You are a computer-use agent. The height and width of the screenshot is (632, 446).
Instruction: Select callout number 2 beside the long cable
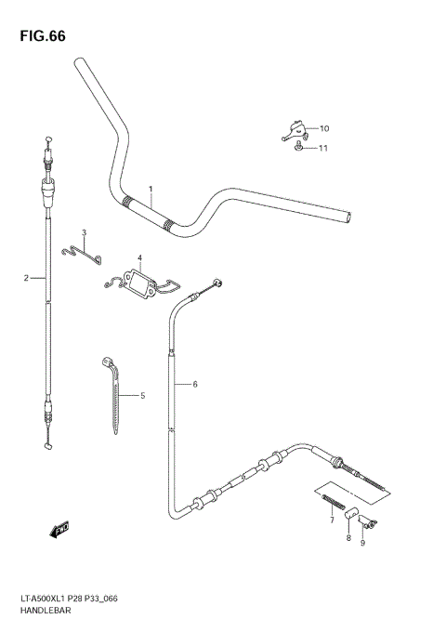26,277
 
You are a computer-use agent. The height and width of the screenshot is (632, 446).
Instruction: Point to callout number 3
84,233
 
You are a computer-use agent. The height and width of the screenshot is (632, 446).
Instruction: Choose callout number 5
143,396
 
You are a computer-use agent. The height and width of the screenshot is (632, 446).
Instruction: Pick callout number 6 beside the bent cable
195,384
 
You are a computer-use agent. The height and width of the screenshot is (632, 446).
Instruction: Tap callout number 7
331,521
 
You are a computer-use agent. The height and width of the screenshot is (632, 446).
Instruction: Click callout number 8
348,538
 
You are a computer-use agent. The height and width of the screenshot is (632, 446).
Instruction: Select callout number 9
362,543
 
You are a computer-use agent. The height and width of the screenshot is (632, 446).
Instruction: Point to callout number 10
323,128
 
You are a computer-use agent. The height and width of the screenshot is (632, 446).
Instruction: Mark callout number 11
323,148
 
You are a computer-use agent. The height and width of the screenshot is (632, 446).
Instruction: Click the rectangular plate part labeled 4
140,282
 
